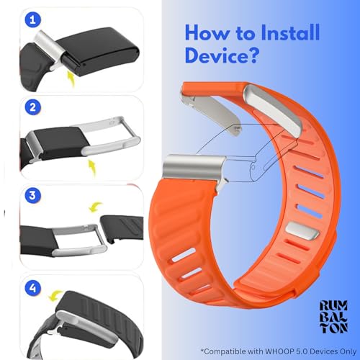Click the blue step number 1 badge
[33, 19]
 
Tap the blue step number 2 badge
[33, 107]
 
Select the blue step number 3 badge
[33, 195]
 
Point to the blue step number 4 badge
[33, 288]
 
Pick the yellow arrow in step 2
[93, 168]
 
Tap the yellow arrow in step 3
[95, 207]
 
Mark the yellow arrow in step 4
[55, 296]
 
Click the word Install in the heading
[290, 32]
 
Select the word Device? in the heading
[222, 55]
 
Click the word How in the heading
[207, 32]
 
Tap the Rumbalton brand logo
[334, 317]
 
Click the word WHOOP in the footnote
[279, 351]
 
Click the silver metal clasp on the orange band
[195, 166]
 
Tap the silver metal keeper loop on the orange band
[302, 230]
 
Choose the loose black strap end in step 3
[122, 228]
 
